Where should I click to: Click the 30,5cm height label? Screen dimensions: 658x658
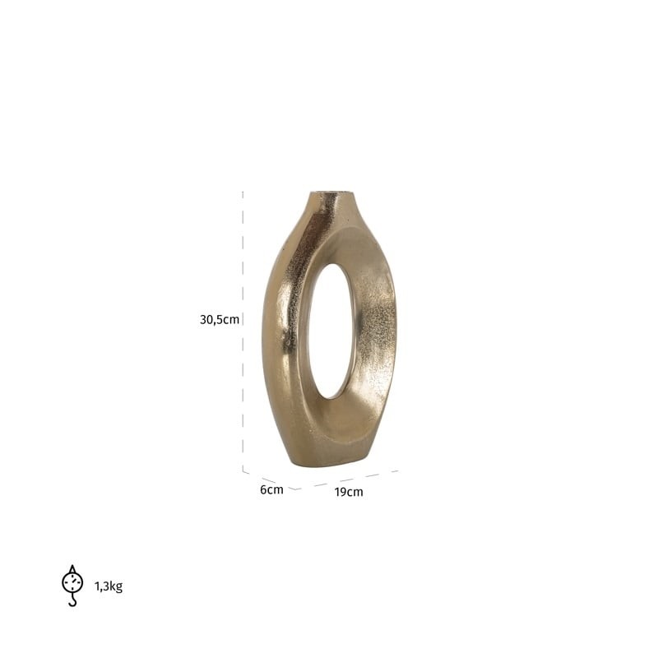220,320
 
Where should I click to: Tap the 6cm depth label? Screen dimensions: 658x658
271,489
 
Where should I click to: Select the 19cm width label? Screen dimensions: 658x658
348,492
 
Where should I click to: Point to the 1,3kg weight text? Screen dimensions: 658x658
109,586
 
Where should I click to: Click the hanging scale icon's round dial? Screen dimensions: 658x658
72,582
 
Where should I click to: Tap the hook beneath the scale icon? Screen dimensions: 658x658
73,600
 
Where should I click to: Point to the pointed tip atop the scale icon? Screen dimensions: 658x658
72,566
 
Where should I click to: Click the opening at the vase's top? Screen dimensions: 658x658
334,193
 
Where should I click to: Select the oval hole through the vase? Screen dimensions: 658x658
331,331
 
